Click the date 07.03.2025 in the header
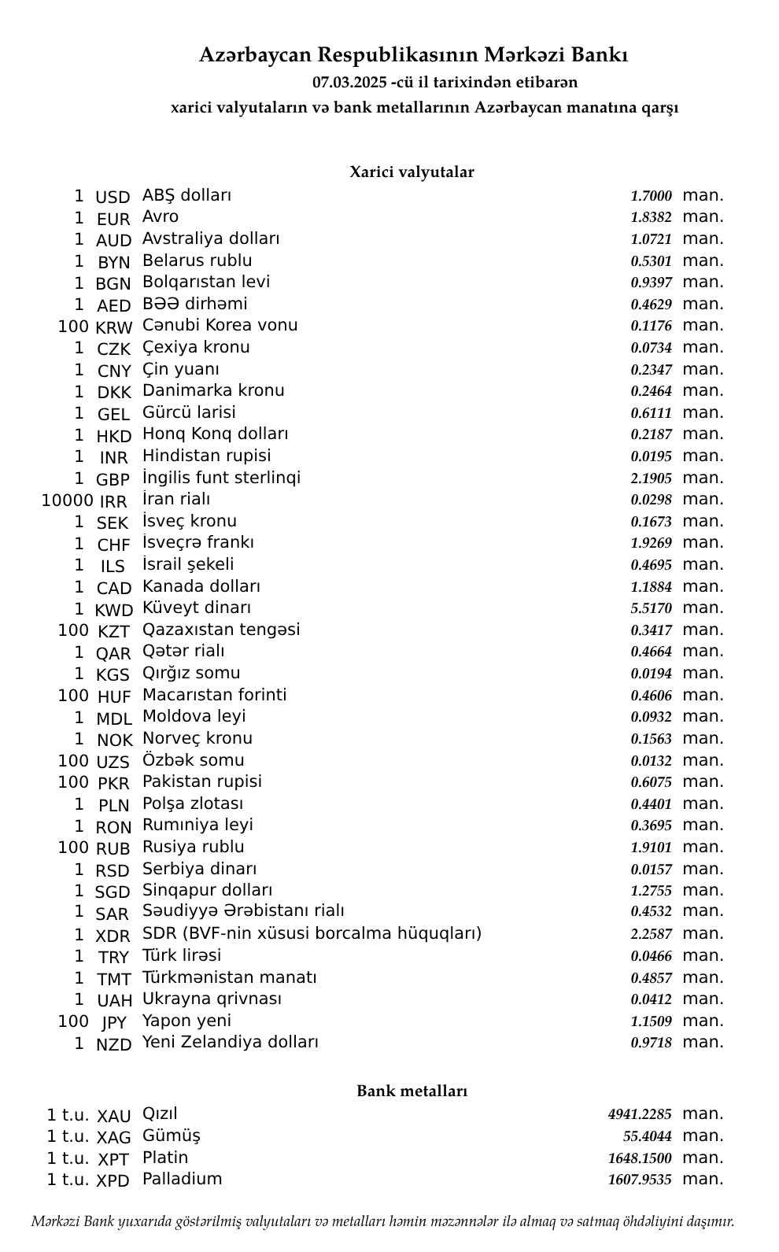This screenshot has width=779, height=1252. (349, 82)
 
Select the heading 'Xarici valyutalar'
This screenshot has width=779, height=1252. (412, 172)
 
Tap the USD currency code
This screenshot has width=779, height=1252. (113, 197)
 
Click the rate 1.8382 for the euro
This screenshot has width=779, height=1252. (651, 217)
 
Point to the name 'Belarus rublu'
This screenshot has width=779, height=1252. (197, 260)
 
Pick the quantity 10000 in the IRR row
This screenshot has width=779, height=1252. (67, 500)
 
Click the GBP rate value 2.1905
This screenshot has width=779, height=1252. (651, 478)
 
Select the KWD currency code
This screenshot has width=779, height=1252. (113, 610)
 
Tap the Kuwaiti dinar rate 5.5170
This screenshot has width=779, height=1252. (651, 608)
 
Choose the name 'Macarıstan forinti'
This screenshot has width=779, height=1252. (214, 695)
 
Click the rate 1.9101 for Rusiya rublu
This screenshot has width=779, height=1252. (651, 848)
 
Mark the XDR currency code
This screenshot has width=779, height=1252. (113, 936)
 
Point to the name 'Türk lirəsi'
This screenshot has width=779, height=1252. (182, 955)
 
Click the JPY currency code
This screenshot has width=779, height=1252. (113, 1022)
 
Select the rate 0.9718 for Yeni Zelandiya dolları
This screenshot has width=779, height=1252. (651, 1043)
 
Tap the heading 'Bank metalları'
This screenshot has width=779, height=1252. (412, 1091)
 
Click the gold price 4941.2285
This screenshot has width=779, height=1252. (640, 1114)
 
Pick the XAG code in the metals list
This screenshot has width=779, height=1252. (113, 1137)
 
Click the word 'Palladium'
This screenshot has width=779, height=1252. (182, 1179)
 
